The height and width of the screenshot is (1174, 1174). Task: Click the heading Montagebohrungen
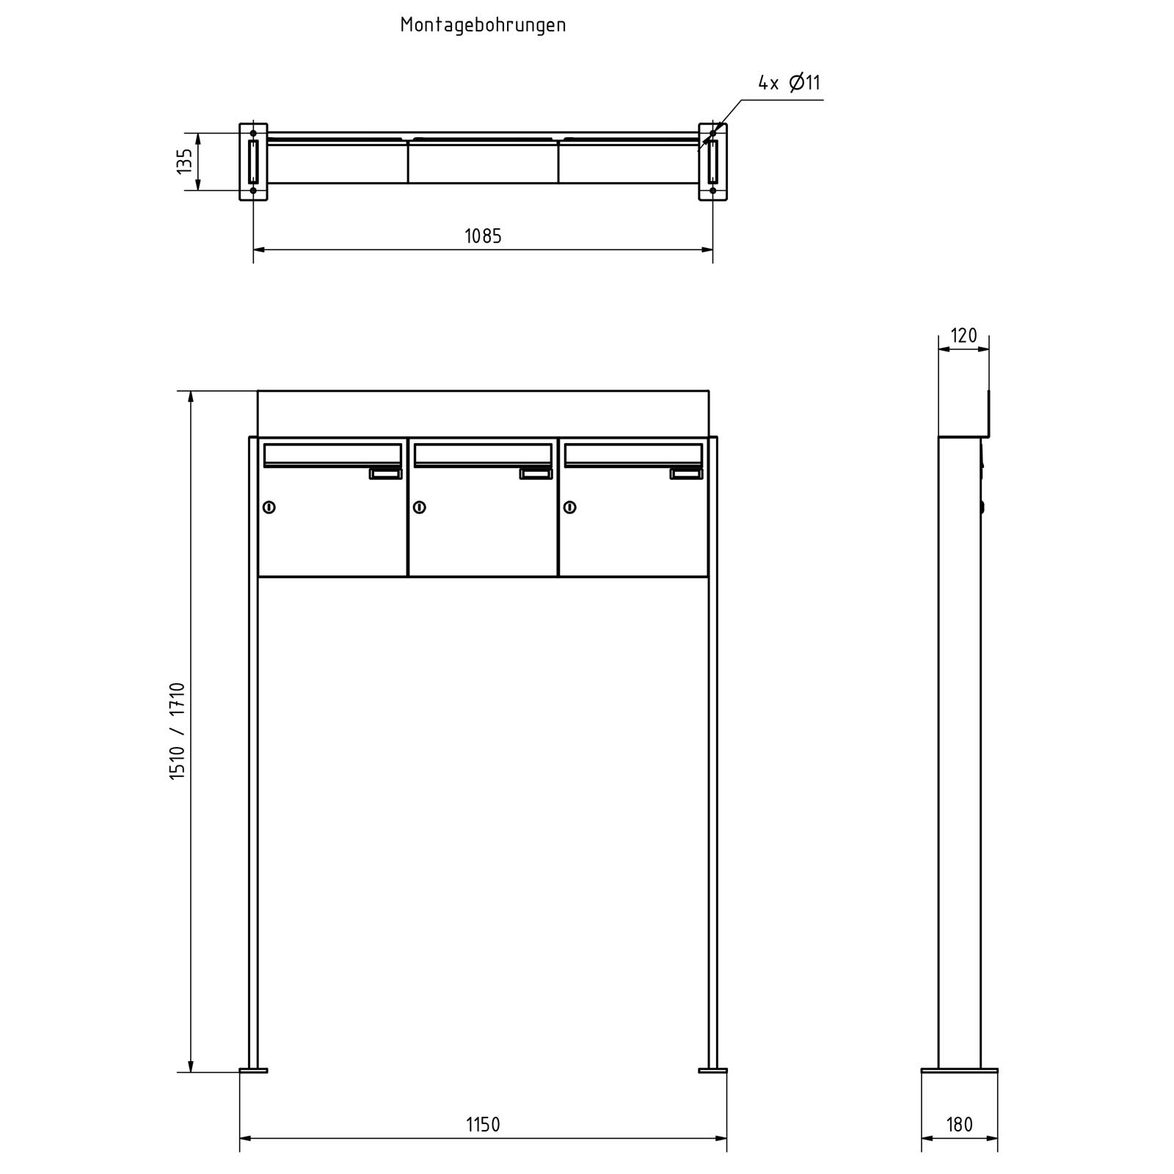tap(483, 25)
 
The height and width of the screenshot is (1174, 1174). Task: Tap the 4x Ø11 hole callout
tap(789, 83)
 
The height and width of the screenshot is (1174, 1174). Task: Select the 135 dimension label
tap(185, 161)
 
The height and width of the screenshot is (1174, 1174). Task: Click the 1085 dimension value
tap(483, 236)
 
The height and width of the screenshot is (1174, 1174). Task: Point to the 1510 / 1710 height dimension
tap(178, 731)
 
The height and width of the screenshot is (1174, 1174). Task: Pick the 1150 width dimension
tap(483, 1125)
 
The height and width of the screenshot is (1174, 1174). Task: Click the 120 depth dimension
tap(963, 335)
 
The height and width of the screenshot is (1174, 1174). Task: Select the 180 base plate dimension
tap(959, 1125)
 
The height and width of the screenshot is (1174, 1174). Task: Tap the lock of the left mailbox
tap(269, 507)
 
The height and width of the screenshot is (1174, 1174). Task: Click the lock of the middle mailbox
tap(420, 507)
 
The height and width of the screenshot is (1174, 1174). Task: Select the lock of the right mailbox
tap(570, 507)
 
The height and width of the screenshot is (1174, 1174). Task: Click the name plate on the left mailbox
tap(385, 474)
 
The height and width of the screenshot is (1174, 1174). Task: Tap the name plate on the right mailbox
tap(686, 474)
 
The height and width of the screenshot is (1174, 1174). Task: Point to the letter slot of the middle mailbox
tap(483, 455)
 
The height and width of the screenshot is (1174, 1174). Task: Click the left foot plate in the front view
tap(253, 1071)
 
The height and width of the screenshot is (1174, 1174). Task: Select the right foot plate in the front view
tap(712, 1071)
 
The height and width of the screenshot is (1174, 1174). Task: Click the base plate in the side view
tap(959, 1071)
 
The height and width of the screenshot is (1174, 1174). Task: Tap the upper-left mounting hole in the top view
tap(253, 133)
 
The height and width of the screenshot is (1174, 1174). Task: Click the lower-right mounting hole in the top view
tap(712, 191)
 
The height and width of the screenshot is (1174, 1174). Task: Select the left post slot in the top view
tap(253, 161)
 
